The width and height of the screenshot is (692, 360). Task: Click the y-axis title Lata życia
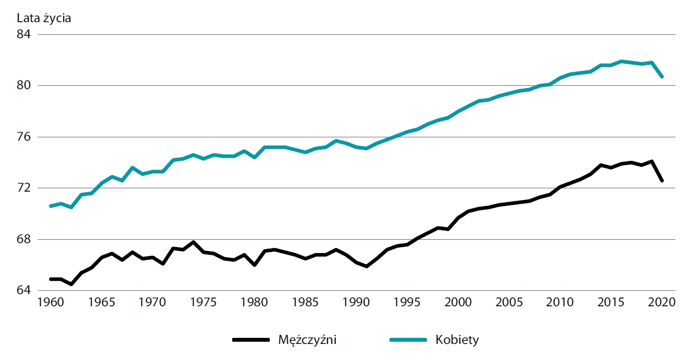44,17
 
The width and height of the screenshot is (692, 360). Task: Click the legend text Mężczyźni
307,340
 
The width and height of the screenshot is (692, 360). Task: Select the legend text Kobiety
457,340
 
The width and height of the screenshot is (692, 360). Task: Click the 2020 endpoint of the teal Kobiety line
662,76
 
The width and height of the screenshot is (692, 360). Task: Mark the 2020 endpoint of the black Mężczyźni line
662,181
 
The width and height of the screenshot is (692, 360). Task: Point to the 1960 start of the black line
50,279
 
